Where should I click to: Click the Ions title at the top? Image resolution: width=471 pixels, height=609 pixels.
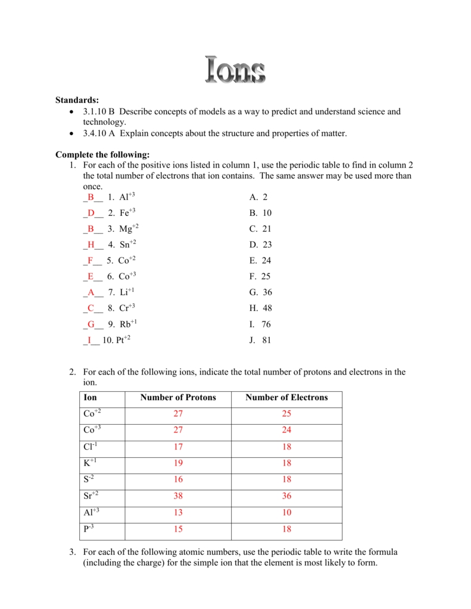pos(235,70)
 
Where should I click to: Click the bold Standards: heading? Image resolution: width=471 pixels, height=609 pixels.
pos(77,100)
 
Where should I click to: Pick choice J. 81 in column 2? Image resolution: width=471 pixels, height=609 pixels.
pos(260,341)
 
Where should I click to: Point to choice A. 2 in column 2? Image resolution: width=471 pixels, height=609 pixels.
pos(258,197)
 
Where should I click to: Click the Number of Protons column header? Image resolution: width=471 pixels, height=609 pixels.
pos(178,398)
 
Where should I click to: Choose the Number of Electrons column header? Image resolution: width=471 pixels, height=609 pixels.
pos(286,398)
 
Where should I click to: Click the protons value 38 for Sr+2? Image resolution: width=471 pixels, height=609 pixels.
pos(178,496)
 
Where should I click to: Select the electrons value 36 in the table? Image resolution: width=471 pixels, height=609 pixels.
pos(286,496)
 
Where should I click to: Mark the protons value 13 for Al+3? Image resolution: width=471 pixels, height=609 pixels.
pos(178,513)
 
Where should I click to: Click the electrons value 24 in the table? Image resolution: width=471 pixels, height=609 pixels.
pos(286,431)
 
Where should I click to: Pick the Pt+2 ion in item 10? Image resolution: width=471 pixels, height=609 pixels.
pos(124,340)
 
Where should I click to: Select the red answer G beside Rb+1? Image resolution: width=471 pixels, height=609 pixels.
pos(91,324)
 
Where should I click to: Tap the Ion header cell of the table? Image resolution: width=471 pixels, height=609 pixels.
pos(91,398)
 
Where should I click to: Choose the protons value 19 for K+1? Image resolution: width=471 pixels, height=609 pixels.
pos(178,463)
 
